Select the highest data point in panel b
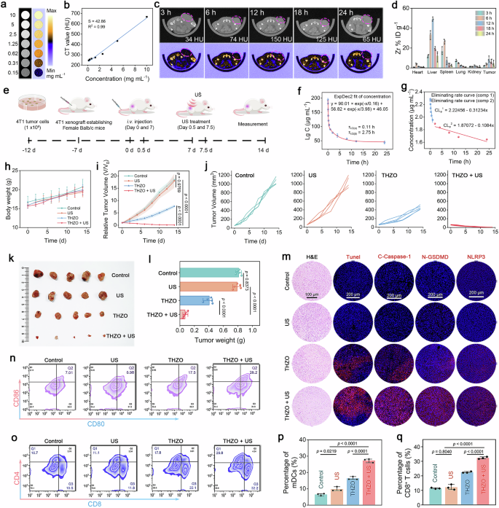pyautogui.click(x=146, y=17)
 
